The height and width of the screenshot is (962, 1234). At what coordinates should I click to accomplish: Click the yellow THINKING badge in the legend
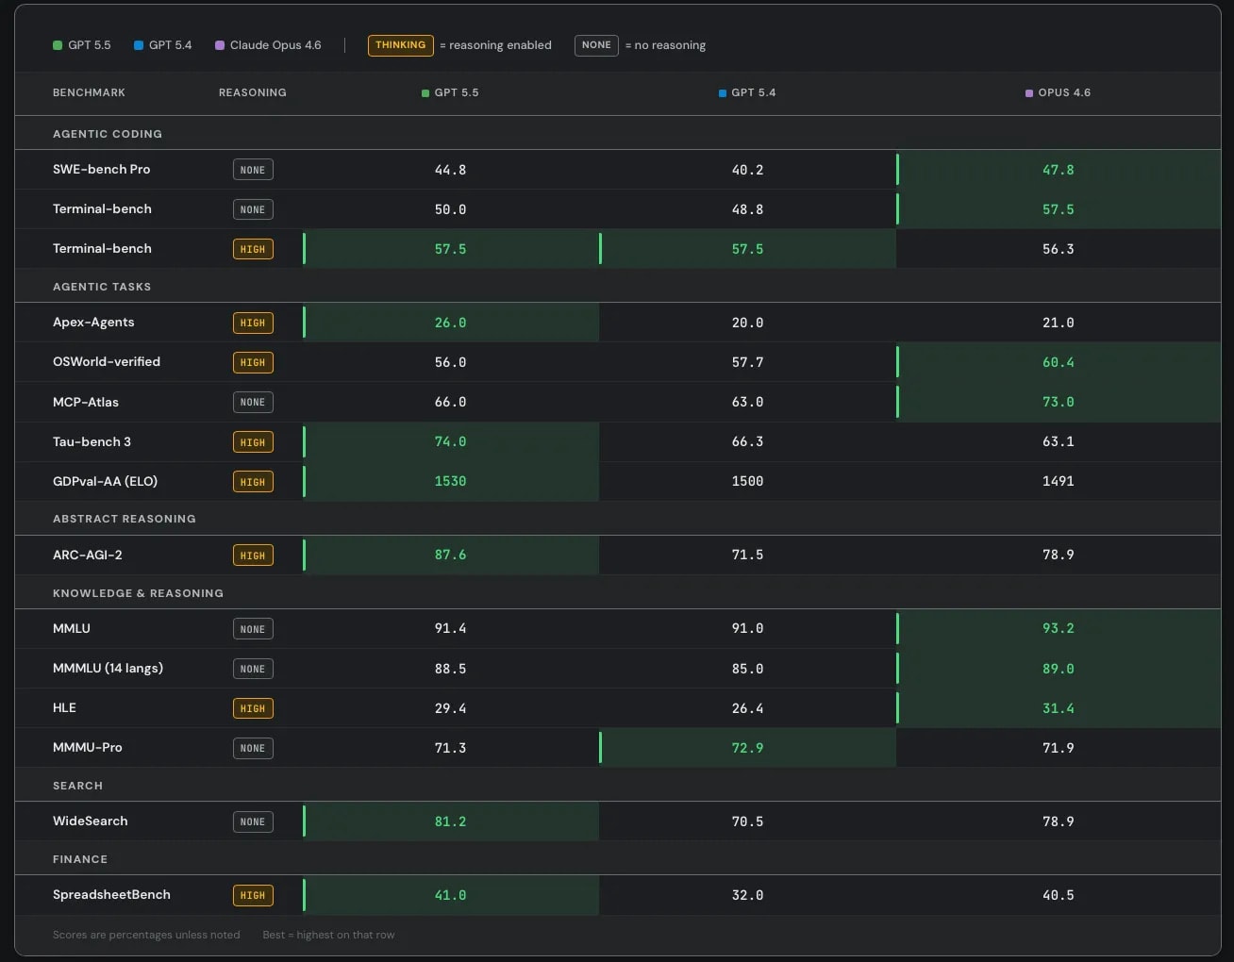pos(400,45)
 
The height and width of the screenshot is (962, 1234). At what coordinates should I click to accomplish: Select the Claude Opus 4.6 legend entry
pos(268,45)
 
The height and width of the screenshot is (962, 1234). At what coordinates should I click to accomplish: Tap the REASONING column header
pos(253,92)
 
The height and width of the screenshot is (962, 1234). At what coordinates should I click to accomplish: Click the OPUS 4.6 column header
pos(1058,92)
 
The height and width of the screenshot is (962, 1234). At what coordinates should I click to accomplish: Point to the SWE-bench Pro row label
pos(102,169)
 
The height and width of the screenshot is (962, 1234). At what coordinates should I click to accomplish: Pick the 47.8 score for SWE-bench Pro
pos(1058,170)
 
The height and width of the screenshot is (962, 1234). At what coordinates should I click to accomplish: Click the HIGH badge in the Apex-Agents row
pos(253,323)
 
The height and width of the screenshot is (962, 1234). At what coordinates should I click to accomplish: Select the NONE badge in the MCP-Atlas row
pos(253,403)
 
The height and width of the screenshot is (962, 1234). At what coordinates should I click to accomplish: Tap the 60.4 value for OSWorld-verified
pos(1058,362)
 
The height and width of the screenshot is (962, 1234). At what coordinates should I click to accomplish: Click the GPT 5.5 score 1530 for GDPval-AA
pos(450,481)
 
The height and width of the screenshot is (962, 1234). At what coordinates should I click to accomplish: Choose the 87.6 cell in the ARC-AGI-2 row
pos(450,555)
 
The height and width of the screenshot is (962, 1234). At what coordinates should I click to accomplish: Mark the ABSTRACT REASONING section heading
pos(125,519)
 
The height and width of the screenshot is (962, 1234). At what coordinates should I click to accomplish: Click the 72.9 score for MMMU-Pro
pos(747,748)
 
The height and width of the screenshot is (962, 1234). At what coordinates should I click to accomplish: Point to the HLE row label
pos(64,707)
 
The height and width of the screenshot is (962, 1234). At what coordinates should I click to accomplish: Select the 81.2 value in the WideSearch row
pos(450,821)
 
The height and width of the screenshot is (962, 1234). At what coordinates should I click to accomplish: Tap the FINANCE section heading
pos(80,859)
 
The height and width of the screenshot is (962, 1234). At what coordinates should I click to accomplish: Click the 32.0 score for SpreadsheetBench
pos(747,895)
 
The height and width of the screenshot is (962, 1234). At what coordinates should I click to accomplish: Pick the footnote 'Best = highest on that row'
pos(328,935)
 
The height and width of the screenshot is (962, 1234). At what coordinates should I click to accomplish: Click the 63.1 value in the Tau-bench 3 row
pos(1058,441)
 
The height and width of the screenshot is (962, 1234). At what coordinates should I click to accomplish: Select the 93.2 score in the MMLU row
pos(1058,628)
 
